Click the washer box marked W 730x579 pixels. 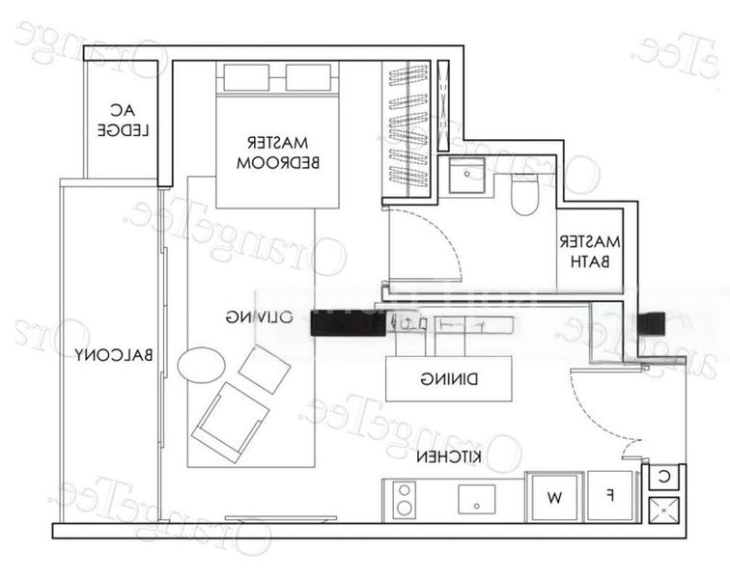click(554, 498)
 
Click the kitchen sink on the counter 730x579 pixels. click(476, 500)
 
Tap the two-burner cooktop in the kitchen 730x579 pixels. click(404, 500)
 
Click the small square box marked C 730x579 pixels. click(664, 476)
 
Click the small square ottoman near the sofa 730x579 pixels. click(265, 370)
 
